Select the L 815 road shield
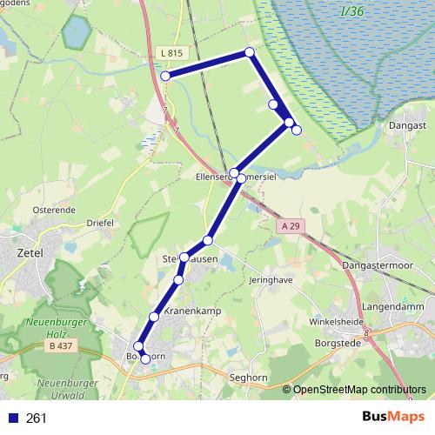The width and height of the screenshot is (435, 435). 172,53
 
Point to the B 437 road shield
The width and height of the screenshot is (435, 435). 59,346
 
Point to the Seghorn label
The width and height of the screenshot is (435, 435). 249,378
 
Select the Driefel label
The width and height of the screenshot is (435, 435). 100,223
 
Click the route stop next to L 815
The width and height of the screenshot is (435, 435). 164,77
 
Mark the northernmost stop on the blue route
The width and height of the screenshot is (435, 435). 250,52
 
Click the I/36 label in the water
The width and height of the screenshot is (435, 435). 352,10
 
